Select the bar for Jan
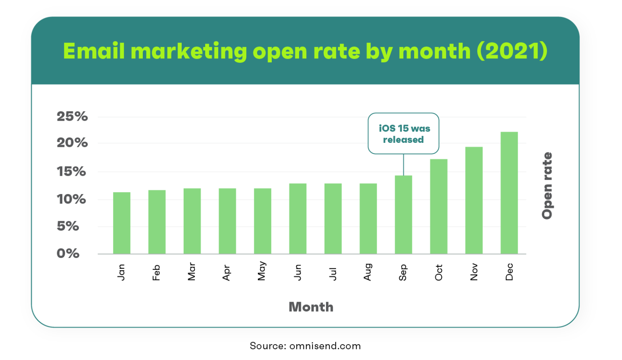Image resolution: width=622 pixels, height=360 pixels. [x=121, y=223]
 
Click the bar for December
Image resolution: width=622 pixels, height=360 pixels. [x=509, y=193]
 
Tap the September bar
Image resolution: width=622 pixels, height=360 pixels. [x=403, y=214]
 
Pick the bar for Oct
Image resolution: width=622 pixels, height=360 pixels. [x=438, y=206]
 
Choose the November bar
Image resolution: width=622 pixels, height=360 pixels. [x=474, y=200]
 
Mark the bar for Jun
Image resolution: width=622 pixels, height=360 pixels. [x=298, y=218]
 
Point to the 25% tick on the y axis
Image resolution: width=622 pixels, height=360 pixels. [x=72, y=117]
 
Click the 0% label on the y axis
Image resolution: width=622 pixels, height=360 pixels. [x=68, y=253]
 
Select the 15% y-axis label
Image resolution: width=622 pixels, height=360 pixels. [x=71, y=171]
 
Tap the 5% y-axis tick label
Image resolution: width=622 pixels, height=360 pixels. [x=68, y=226]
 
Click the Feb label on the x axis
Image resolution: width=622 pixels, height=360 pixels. [x=156, y=273]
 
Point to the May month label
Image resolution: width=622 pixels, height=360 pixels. [x=262, y=271]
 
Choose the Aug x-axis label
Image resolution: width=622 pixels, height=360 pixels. [x=368, y=272]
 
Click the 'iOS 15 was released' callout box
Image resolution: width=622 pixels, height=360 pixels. [x=403, y=133]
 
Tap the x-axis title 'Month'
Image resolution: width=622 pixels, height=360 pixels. [x=311, y=307]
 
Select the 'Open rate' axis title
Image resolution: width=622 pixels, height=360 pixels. [x=547, y=186]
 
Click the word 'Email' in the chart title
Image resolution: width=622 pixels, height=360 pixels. [x=94, y=51]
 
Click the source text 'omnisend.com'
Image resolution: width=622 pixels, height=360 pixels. [x=325, y=346]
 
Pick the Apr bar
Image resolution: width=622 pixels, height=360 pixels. [x=227, y=221]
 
